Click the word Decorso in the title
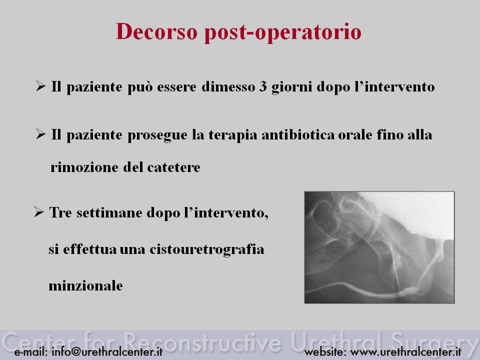(x=156, y=31)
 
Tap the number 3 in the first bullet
(x=263, y=86)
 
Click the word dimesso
(x=228, y=86)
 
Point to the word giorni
(x=291, y=87)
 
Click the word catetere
(x=173, y=167)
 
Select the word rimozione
(x=84, y=167)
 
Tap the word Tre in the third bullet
(x=60, y=212)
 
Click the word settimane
(x=109, y=213)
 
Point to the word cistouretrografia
(x=206, y=249)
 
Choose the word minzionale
(x=85, y=286)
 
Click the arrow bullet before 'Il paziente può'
(x=40, y=86)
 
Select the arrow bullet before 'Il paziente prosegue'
(x=40, y=134)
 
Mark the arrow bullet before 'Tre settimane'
(x=39, y=212)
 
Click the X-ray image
(x=379, y=247)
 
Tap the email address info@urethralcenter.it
(x=107, y=351)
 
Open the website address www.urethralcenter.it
(x=405, y=351)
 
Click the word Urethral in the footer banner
(x=337, y=340)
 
